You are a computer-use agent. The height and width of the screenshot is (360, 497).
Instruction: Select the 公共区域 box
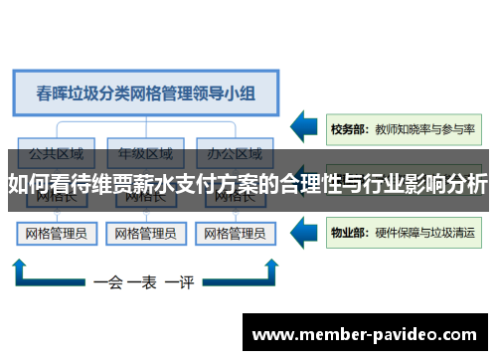pyautogui.click(x=56, y=154)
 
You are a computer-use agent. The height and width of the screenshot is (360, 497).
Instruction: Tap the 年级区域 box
pyautogui.click(x=145, y=154)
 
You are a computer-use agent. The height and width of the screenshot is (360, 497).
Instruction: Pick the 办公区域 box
pyautogui.click(x=235, y=154)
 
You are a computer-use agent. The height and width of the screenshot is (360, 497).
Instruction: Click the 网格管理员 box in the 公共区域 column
pyautogui.click(x=56, y=235)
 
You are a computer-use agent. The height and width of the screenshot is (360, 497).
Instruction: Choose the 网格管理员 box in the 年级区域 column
pyautogui.click(x=145, y=235)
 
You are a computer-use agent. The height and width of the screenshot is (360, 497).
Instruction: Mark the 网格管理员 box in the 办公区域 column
pyautogui.click(x=235, y=235)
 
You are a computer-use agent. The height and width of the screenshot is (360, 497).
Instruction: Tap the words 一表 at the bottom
pyautogui.click(x=144, y=282)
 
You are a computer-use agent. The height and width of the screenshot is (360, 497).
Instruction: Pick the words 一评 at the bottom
pyautogui.click(x=180, y=282)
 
